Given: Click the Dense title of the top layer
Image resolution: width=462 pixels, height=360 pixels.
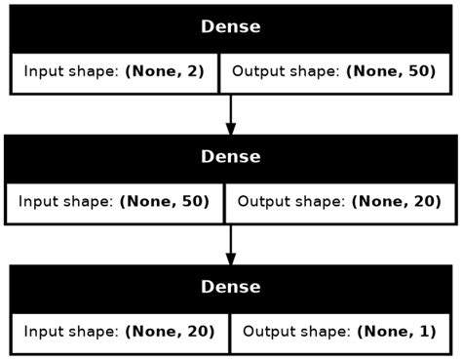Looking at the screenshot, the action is click(x=230, y=26).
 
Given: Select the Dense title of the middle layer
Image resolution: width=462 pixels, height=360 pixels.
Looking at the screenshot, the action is click(x=230, y=156).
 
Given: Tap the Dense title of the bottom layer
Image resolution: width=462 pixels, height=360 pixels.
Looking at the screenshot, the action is click(x=230, y=287).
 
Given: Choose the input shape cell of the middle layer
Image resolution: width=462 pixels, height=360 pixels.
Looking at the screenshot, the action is click(x=115, y=202).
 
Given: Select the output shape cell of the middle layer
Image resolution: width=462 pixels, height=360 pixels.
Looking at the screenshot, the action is click(x=340, y=202).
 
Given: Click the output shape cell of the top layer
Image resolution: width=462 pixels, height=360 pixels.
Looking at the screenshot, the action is click(x=334, y=72).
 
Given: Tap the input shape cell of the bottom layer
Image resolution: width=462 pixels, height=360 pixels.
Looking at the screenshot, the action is click(x=119, y=332).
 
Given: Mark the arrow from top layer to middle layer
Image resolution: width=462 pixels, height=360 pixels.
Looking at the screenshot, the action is click(x=231, y=112).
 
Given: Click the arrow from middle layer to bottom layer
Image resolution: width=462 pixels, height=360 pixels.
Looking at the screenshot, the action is click(x=231, y=242).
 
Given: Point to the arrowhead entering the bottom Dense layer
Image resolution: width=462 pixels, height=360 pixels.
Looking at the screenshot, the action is click(x=231, y=259).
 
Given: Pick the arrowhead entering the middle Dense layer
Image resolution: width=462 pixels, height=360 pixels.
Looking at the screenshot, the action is click(x=231, y=129).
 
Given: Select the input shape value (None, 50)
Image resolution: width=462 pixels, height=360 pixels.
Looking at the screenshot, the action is click(x=165, y=202).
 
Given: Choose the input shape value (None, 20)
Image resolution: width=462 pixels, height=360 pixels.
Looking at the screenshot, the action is click(x=169, y=332).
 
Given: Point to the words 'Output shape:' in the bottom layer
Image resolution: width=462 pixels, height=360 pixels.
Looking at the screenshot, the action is click(x=289, y=332).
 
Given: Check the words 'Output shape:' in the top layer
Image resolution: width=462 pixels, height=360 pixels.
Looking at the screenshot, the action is click(x=285, y=72).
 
